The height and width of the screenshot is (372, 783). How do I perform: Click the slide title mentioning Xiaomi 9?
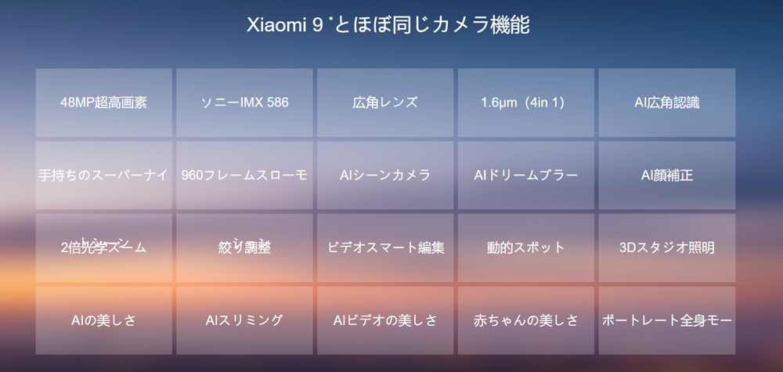[x=388, y=25]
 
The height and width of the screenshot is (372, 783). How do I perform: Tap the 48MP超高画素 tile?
[x=103, y=103]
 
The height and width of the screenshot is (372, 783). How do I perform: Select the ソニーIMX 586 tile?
[x=244, y=103]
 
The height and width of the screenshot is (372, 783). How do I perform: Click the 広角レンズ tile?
[x=385, y=103]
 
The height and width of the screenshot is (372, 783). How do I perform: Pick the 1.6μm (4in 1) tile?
[x=526, y=103]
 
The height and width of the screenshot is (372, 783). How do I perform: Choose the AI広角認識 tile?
[x=667, y=103]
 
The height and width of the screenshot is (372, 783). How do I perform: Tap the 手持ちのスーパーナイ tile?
[x=103, y=175]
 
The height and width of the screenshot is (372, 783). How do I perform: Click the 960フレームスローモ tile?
[x=244, y=175]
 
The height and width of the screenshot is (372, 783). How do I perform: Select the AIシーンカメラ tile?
[x=385, y=175]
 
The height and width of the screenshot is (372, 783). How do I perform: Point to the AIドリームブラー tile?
[x=526, y=175]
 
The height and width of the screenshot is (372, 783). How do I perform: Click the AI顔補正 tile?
[x=667, y=175]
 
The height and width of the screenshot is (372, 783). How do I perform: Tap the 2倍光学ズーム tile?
[x=103, y=247]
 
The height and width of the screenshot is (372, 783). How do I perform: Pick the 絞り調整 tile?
[x=244, y=247]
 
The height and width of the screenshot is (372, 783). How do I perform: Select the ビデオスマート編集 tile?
[x=385, y=247]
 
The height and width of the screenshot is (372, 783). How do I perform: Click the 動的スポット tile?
[x=526, y=247]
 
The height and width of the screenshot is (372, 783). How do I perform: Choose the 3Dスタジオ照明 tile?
[x=667, y=247]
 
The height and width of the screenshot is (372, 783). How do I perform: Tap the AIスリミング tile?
[x=244, y=320]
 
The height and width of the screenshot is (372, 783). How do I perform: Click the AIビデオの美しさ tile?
[x=385, y=320]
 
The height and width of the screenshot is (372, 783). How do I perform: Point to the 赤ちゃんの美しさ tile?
[x=526, y=320]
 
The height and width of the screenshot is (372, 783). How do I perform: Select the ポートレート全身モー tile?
[x=667, y=320]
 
